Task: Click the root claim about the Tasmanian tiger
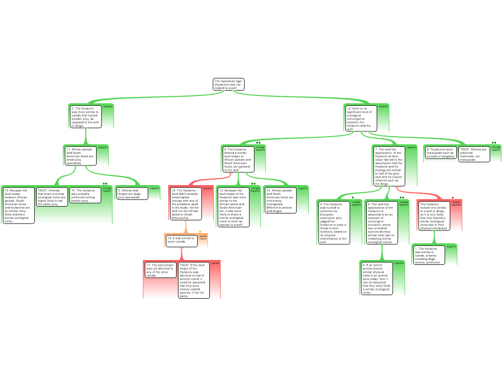pyautogui.click(x=228, y=84)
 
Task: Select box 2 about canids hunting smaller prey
pyautogui.click(x=86, y=117)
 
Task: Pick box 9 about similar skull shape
pyautogui.click(x=238, y=159)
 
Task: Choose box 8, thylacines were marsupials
pyautogui.click(x=440, y=153)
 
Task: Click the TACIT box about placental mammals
pyautogui.click(x=474, y=154)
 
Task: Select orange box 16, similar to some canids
pyautogui.click(x=180, y=240)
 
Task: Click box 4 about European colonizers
pyautogui.click(x=333, y=222)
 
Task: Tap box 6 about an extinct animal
pyautogui.click(x=376, y=278)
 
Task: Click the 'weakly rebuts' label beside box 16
pyautogui.click(x=202, y=237)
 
